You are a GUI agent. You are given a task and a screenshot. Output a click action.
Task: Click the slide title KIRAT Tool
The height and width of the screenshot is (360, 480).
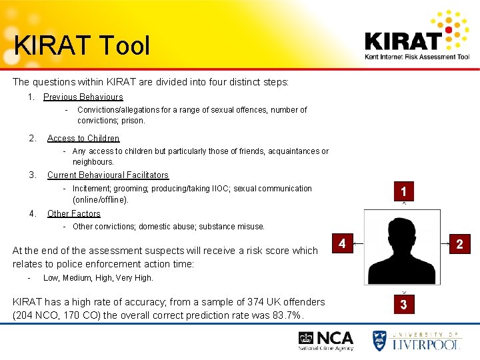[x=82, y=45]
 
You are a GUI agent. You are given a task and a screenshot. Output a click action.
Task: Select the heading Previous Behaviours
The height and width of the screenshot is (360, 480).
[x=83, y=97]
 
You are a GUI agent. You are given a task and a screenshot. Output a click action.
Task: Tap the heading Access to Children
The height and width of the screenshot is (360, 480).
[x=83, y=139]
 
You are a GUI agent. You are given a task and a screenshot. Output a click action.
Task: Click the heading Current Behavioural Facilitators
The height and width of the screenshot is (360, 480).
[x=108, y=175]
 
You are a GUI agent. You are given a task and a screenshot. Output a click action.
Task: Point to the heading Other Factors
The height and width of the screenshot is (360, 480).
[x=74, y=214]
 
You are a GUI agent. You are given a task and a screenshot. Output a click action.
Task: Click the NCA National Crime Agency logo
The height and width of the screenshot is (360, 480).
[x=326, y=341]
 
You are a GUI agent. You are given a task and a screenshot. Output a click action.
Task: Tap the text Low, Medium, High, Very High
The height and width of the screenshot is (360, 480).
[x=98, y=278]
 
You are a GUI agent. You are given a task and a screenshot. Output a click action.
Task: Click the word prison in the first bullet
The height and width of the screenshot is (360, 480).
[x=133, y=121]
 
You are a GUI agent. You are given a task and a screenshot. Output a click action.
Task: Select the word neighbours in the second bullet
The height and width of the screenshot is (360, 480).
[x=93, y=162]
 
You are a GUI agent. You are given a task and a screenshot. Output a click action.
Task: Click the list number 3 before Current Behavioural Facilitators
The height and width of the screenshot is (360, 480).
[x=33, y=175]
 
